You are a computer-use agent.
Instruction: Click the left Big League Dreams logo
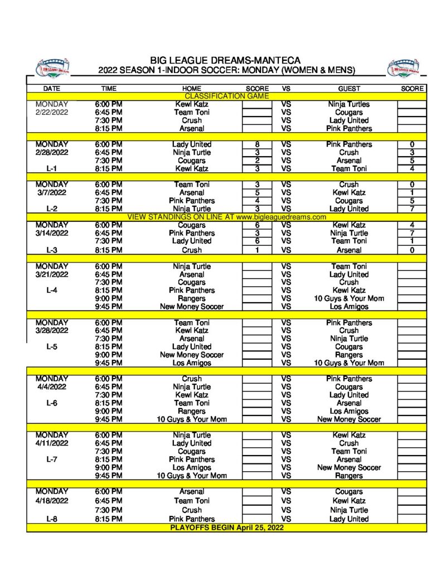[x=52, y=67]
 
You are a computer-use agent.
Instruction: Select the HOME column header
[x=192, y=89]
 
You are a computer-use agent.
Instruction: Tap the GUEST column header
[x=349, y=89]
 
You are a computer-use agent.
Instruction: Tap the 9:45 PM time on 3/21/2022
[x=109, y=306]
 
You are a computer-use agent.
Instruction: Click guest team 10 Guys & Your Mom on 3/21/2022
[x=349, y=298]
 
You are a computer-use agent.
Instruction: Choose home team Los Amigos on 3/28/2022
[x=192, y=362]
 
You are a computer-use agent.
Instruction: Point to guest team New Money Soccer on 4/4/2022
[x=349, y=419]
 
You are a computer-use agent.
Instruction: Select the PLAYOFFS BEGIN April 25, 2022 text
[x=227, y=528]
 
